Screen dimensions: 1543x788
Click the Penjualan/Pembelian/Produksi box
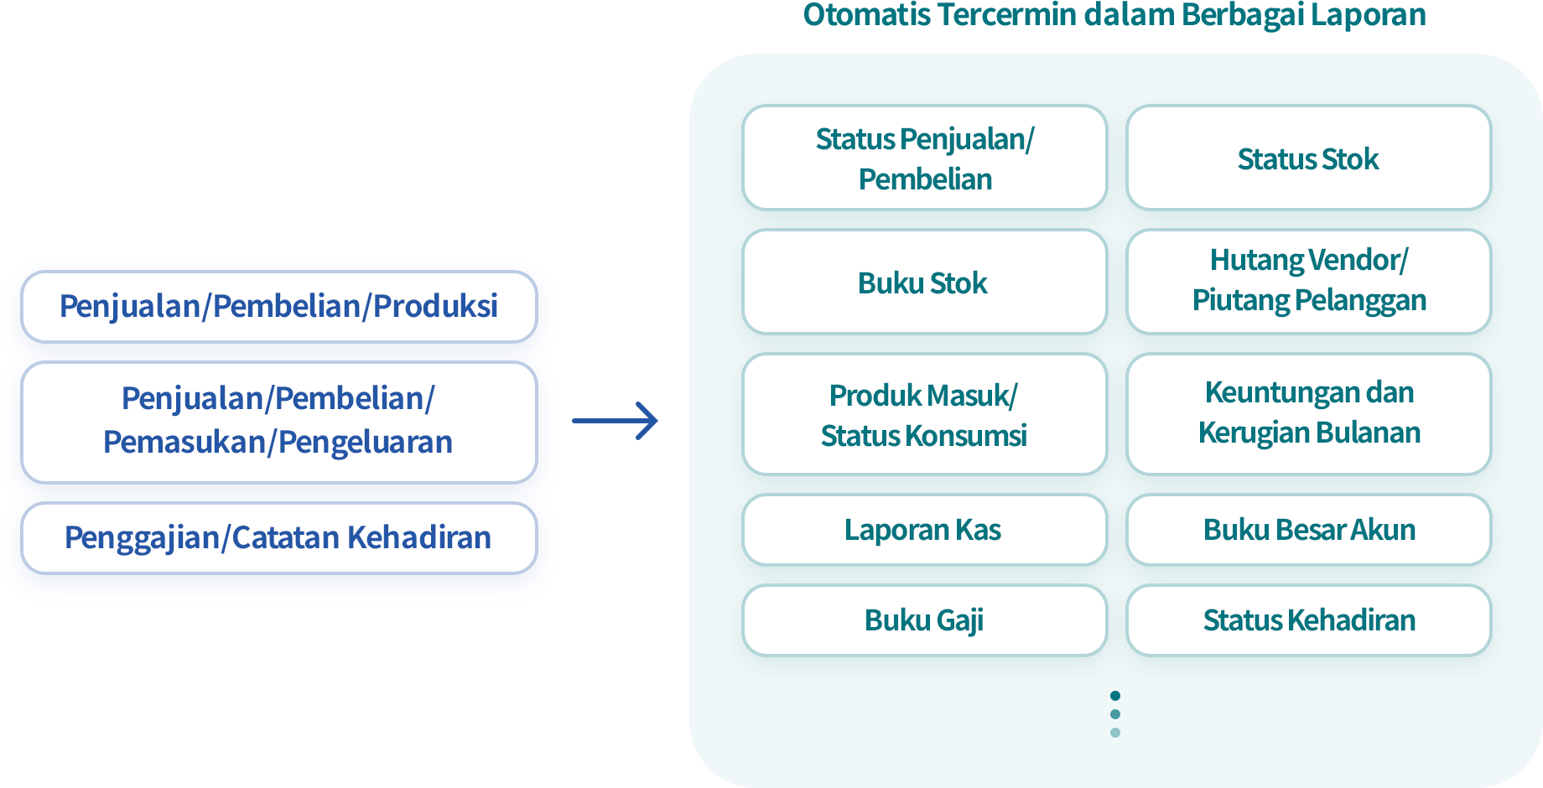point(278,307)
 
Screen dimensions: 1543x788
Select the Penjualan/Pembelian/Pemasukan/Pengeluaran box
point(278,423)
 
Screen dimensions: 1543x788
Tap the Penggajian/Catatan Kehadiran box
point(278,538)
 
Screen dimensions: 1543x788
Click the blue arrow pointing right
point(615,421)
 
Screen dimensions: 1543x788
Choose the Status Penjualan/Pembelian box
point(924,158)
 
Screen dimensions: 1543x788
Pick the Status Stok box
point(1308,158)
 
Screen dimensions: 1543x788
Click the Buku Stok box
point(924,282)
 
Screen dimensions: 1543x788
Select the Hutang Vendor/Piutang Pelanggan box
point(1308,282)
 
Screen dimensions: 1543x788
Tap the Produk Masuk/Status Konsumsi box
point(924,414)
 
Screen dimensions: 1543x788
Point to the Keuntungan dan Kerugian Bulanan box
point(1308,414)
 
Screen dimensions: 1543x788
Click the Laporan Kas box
point(924,530)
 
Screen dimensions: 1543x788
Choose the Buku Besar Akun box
point(1308,530)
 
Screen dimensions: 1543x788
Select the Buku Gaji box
point(924,620)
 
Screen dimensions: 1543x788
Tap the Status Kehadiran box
point(1308,620)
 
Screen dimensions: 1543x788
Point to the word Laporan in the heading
point(1369,15)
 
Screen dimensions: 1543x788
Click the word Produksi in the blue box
point(435,306)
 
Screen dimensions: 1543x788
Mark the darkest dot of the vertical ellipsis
point(1115,696)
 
